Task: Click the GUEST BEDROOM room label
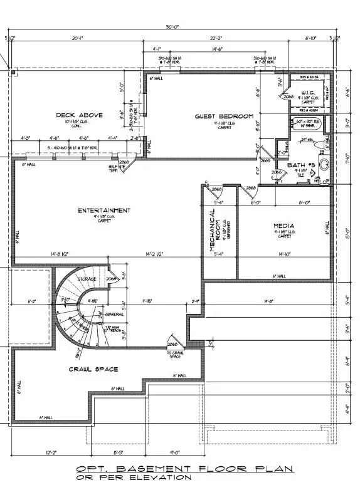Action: point(223,117)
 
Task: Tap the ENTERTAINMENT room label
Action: point(104,210)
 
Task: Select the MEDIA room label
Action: point(283,225)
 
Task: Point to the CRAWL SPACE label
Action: point(93,369)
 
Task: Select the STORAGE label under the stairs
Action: point(86,278)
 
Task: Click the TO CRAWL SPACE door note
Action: point(175,355)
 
